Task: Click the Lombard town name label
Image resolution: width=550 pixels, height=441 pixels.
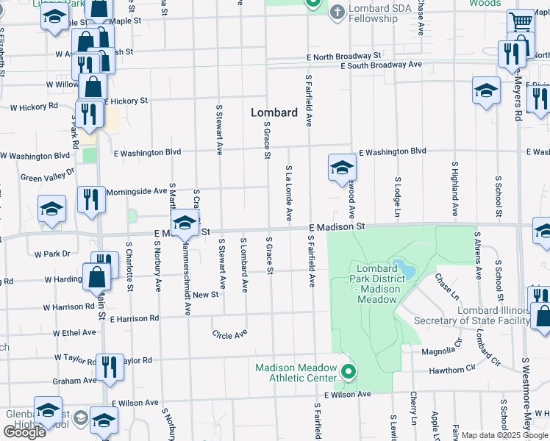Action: pos(274,112)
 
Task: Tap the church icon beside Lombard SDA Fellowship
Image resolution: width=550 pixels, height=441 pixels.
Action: pos(337,11)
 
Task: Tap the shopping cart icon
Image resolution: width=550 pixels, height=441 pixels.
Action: pos(521,21)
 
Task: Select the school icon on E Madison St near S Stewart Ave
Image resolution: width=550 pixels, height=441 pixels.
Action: pos(185,223)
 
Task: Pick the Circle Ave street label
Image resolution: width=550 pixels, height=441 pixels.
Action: pos(229,334)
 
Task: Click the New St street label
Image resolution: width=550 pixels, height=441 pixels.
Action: pos(206,294)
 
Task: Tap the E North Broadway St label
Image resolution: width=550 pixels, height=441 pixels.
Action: pos(344,55)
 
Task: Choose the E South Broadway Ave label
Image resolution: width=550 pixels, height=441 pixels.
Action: pos(381,65)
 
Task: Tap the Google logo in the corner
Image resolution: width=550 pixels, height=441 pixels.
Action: pos(24,432)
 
